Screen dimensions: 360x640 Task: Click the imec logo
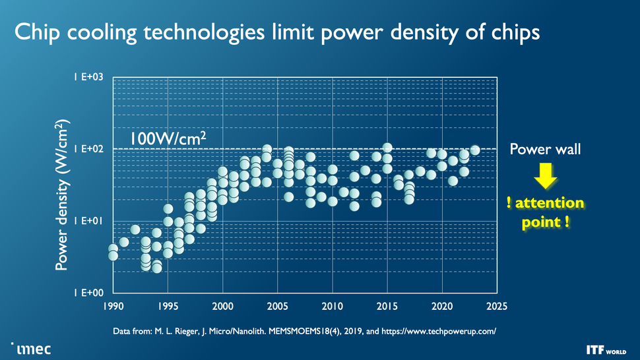pyautogui.click(x=31, y=347)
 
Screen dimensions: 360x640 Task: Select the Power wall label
pyautogui.click(x=545, y=150)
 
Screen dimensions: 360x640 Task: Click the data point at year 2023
pyautogui.click(x=474, y=150)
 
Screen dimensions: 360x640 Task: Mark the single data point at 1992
pyautogui.click(x=135, y=229)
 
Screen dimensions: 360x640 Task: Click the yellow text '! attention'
pyautogui.click(x=545, y=202)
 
